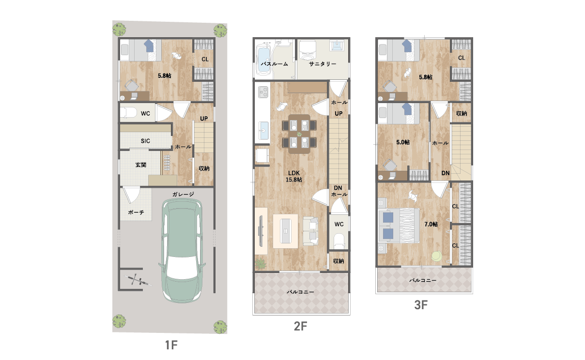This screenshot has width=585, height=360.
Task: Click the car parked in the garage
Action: (182, 251)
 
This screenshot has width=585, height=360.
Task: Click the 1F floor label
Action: (171, 345)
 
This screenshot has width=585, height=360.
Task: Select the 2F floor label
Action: (301, 326)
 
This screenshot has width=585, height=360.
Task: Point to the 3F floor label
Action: (421, 305)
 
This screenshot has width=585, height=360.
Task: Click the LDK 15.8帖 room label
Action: (294, 176)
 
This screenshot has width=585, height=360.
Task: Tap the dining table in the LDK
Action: (299, 134)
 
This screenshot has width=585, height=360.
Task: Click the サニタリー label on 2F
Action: (322, 64)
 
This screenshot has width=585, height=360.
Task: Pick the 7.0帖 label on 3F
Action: (431, 224)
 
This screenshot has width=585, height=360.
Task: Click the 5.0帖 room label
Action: (403, 142)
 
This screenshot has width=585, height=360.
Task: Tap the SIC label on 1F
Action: (145, 141)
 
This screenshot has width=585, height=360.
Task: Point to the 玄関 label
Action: (141, 165)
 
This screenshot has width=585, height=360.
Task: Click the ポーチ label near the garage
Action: (136, 212)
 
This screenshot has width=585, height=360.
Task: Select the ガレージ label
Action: (183, 195)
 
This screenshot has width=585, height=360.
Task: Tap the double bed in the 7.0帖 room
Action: (399, 225)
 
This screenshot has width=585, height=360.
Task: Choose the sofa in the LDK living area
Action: (310, 231)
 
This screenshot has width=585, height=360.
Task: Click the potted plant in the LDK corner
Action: (261, 264)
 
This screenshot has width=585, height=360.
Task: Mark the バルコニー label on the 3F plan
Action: (423, 280)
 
